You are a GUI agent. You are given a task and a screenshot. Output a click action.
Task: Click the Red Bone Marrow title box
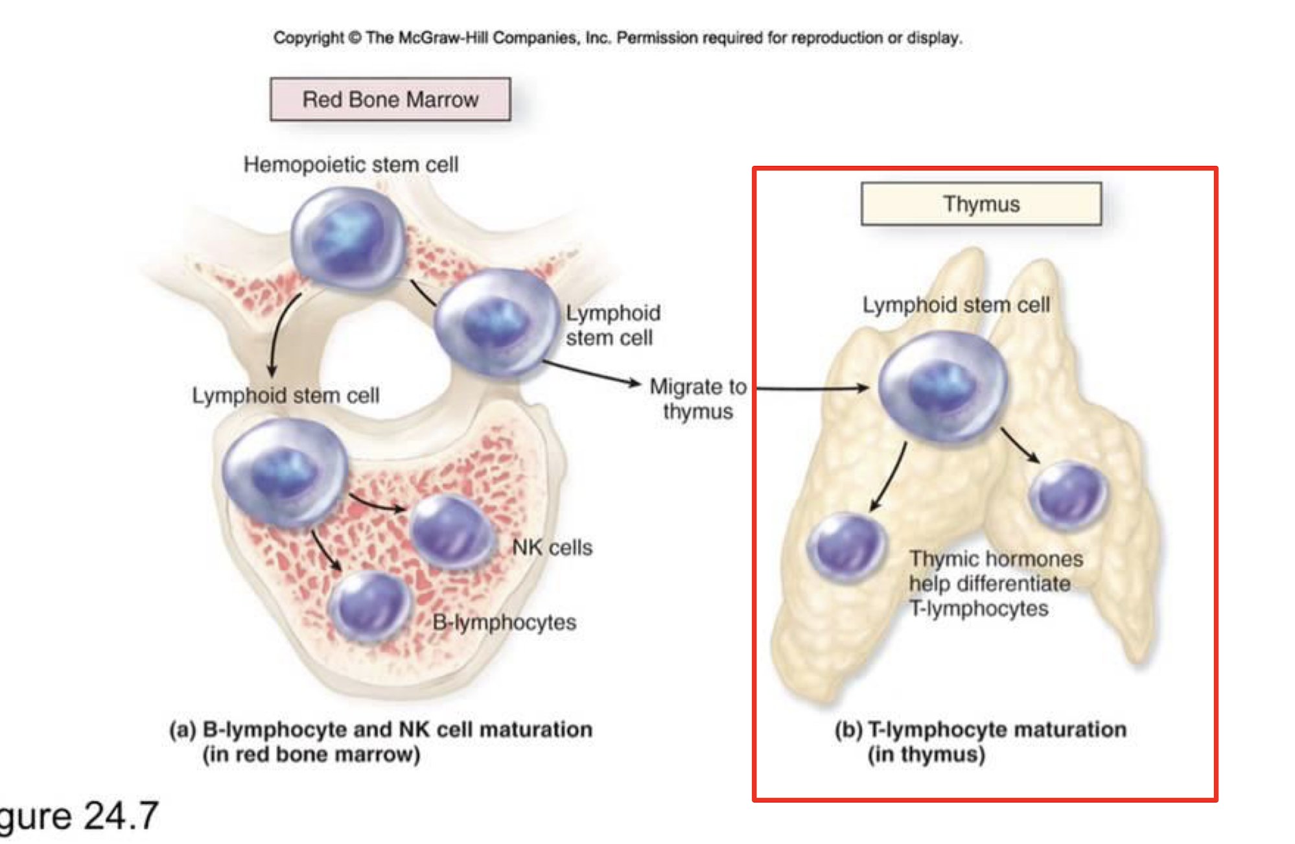(x=390, y=99)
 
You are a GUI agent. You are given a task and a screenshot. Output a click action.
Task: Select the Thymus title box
(x=981, y=204)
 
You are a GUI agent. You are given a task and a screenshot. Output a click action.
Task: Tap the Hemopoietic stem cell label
(x=351, y=165)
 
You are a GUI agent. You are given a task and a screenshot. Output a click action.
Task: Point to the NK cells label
(x=552, y=548)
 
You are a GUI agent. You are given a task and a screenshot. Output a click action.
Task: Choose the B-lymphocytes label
(x=504, y=622)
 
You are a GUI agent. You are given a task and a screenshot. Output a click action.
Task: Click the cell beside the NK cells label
(x=450, y=532)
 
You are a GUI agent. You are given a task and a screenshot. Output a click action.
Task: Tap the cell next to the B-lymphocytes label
(x=371, y=607)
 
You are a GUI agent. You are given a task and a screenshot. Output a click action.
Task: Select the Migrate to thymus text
(x=698, y=399)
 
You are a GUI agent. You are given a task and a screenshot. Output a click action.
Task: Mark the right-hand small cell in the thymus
(x=1069, y=495)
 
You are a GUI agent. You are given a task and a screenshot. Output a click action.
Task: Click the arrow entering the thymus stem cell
(x=813, y=388)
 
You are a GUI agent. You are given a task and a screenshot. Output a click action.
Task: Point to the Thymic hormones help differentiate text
(x=996, y=583)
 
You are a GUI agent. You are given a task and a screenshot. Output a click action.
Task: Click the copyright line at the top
(x=618, y=38)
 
